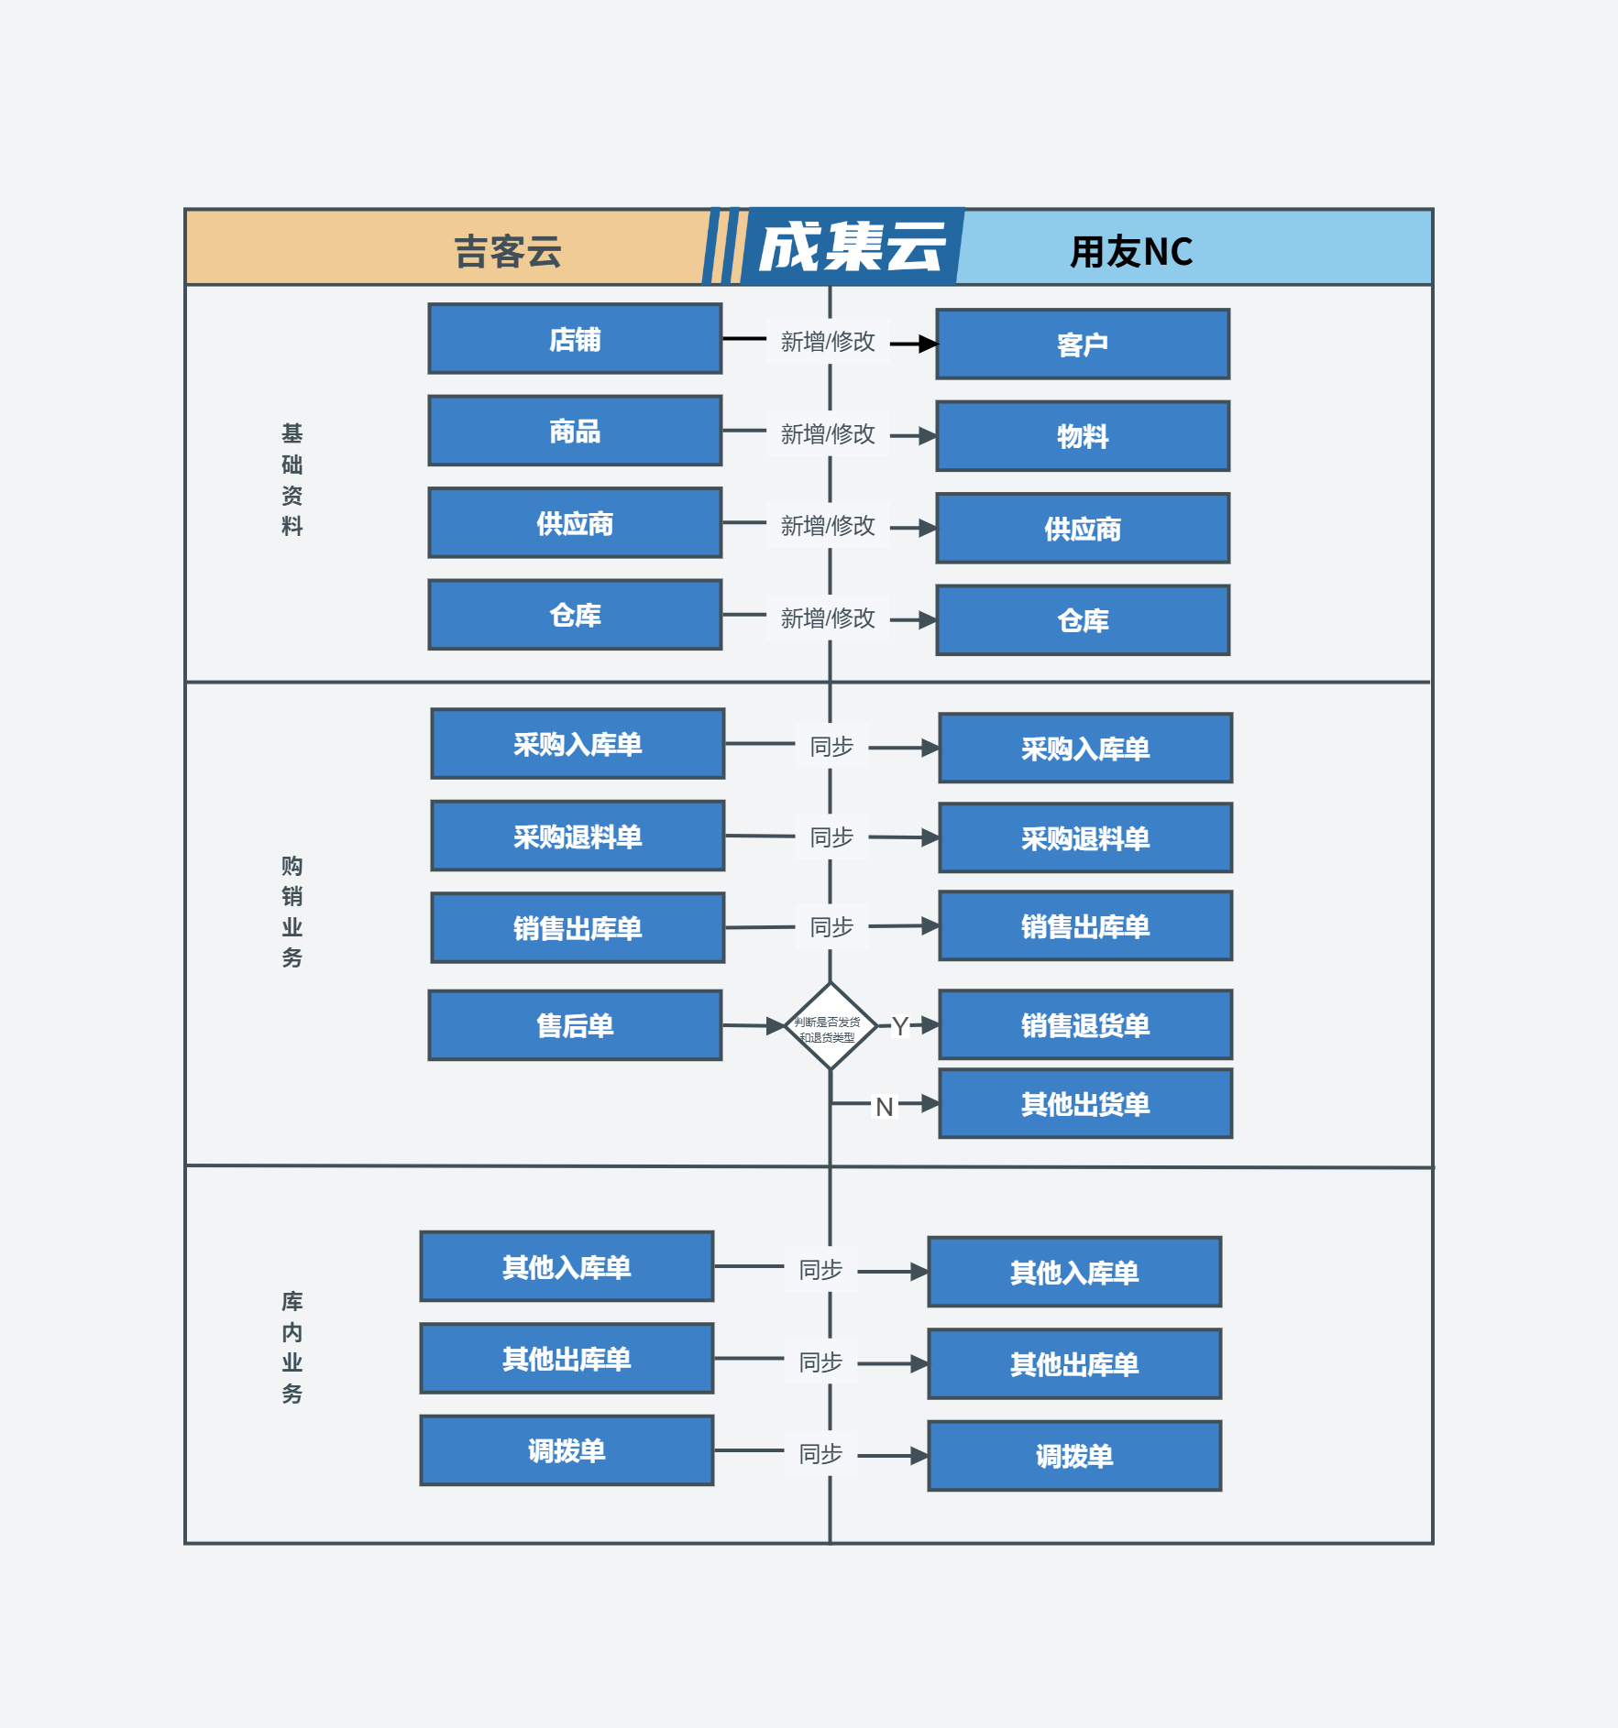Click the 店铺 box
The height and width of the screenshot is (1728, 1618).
pos(575,339)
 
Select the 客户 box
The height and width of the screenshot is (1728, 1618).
pos(1083,345)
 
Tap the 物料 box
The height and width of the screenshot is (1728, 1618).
pos(1083,436)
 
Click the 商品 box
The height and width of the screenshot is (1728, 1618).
pos(575,431)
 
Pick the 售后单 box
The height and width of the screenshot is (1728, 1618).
pos(575,1025)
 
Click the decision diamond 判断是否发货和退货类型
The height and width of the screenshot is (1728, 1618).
pos(831,1026)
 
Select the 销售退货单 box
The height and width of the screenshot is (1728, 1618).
pos(1085,1024)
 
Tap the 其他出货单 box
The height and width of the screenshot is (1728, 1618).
pos(1085,1103)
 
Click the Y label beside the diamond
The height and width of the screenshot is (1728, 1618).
pos(900,1026)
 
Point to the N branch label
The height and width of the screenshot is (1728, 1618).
pos(885,1107)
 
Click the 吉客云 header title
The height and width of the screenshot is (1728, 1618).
pos(508,251)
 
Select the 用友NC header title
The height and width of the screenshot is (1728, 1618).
pos(1132,251)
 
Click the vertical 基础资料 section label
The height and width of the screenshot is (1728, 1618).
pos(292,479)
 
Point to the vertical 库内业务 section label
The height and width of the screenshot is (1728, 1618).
pos(292,1347)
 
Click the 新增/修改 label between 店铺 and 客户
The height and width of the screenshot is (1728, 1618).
pos(828,342)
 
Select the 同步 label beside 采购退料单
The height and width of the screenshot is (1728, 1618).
pos(831,837)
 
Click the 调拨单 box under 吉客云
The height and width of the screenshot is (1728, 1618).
pos(567,1450)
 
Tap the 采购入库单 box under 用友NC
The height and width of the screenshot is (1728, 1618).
pos(1085,749)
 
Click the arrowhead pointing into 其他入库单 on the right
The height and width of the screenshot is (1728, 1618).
pos(919,1272)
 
